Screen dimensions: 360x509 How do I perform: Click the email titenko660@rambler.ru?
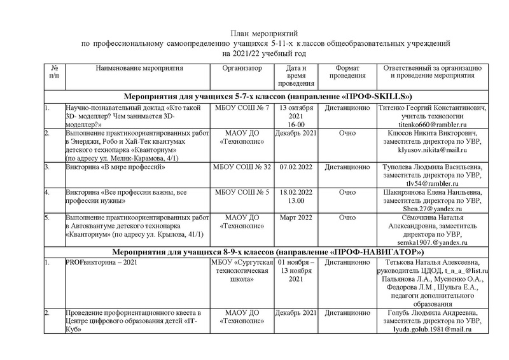click(x=432, y=125)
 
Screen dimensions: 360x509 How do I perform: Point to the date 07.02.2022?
click(x=296, y=167)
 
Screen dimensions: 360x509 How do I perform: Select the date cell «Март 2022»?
click(x=296, y=218)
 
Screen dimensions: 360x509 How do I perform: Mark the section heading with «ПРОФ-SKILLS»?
click(x=267, y=97)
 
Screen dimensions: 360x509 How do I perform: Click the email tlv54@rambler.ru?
click(x=432, y=184)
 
